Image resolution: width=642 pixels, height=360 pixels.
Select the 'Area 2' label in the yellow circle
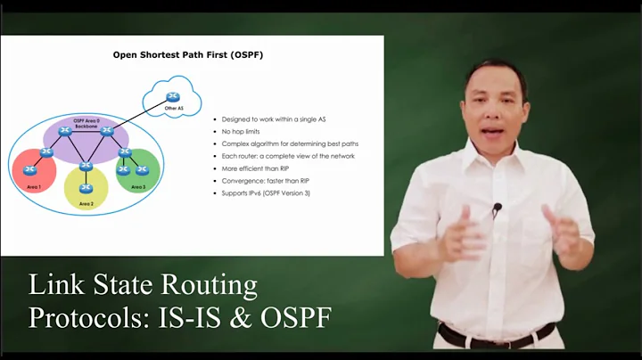(x=86, y=204)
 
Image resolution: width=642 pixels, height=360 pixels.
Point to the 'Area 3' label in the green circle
(x=138, y=187)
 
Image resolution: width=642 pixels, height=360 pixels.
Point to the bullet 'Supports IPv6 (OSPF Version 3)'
(x=272, y=192)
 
